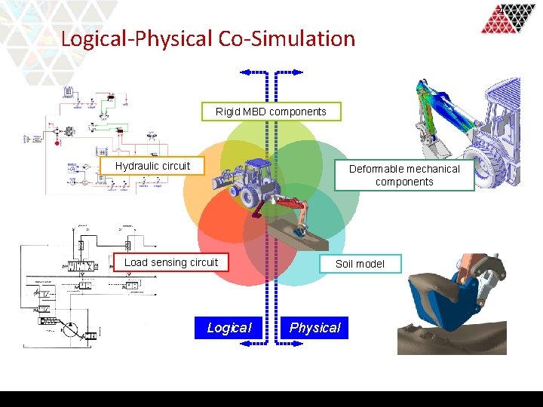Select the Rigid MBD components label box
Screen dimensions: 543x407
271,112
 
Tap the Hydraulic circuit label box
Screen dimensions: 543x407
152,166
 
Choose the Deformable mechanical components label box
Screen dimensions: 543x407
404,175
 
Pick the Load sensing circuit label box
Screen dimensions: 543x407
171,262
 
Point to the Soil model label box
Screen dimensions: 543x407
360,264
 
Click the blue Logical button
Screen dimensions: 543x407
229,328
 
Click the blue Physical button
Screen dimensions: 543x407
314,328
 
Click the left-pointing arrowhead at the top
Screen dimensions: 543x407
244,72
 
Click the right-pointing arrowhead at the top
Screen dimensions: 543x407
299,72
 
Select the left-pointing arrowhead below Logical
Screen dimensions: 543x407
244,343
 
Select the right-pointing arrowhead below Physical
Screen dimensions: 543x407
299,343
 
